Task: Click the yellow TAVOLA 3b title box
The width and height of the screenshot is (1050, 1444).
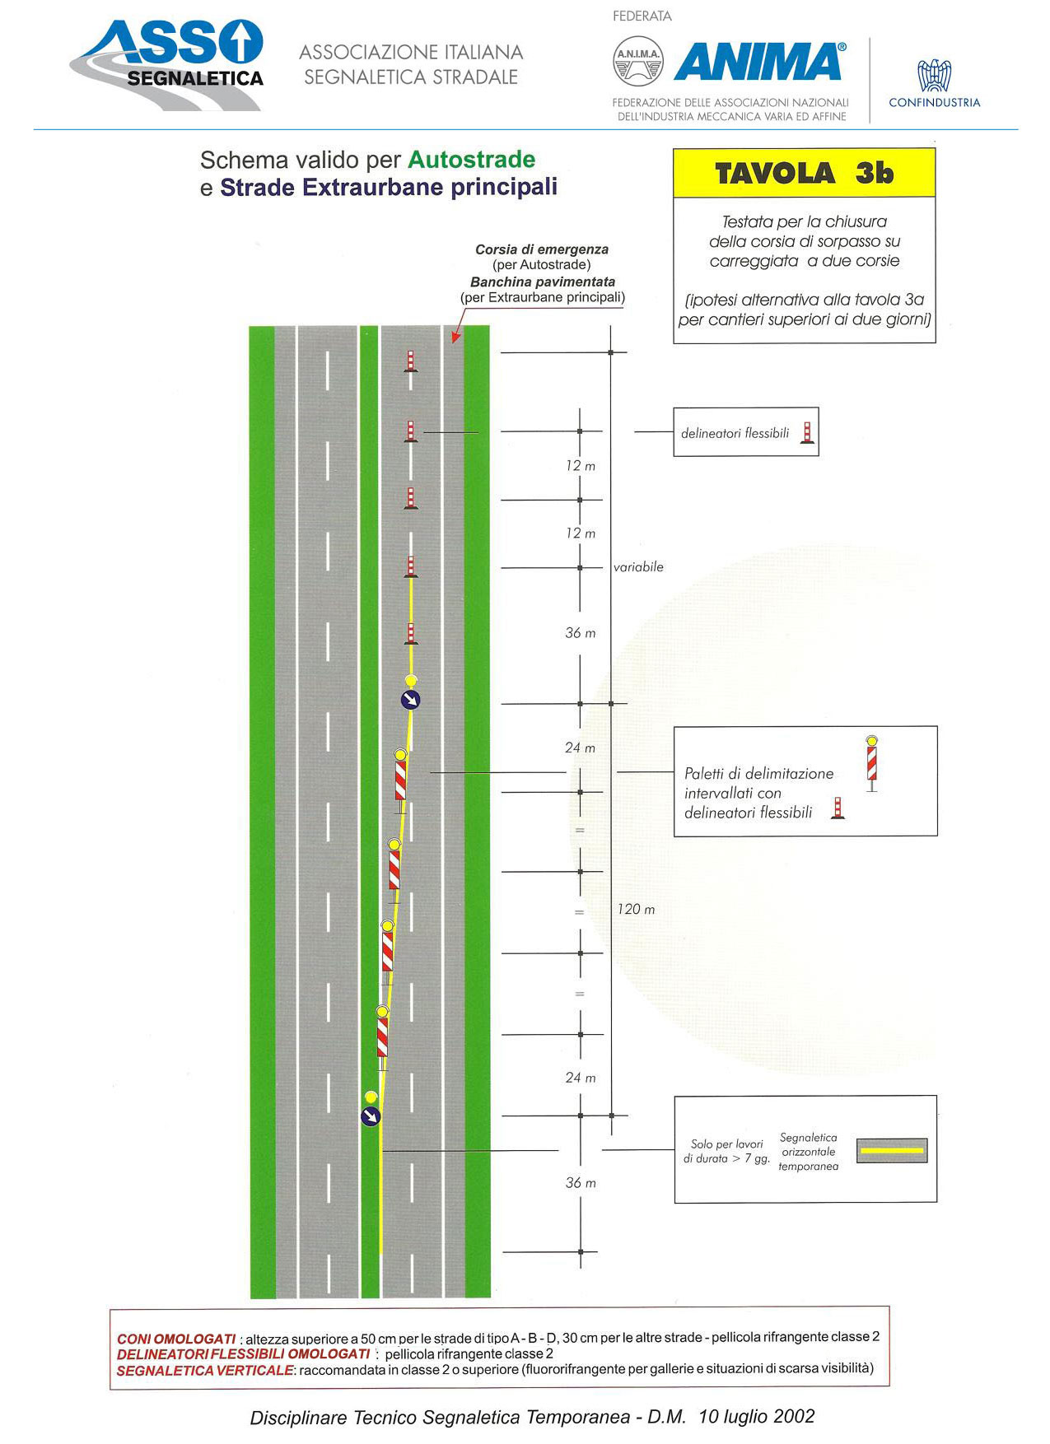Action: (x=805, y=173)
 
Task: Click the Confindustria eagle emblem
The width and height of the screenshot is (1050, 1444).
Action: (x=934, y=75)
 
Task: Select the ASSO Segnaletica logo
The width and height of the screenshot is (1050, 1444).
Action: (x=167, y=64)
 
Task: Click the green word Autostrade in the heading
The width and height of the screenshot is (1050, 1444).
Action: (x=472, y=159)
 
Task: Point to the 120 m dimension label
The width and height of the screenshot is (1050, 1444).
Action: (x=637, y=909)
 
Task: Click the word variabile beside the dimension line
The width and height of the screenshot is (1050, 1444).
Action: (x=638, y=566)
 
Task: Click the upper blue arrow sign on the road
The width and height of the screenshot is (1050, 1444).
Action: (x=410, y=700)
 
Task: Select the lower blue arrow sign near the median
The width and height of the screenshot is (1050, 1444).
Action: (x=371, y=1116)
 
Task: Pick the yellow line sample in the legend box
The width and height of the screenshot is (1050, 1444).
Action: (x=892, y=1150)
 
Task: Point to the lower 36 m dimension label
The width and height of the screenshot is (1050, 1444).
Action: (x=581, y=1182)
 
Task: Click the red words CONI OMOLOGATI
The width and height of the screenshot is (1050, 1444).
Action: (x=176, y=1339)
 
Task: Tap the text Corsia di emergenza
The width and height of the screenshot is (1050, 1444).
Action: (x=542, y=249)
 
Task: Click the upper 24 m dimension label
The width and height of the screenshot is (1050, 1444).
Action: (x=580, y=748)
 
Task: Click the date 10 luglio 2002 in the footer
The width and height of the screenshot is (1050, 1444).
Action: (x=756, y=1416)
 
